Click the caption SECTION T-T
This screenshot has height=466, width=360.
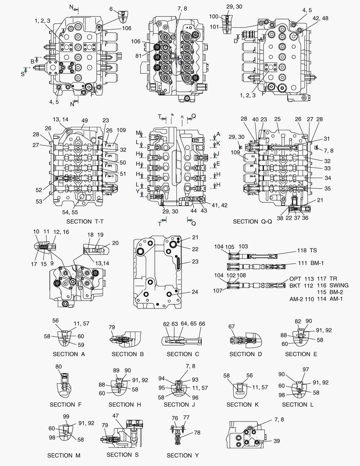tap(85, 221)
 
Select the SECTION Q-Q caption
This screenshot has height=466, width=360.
tap(251, 221)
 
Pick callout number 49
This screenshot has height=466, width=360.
tap(85, 120)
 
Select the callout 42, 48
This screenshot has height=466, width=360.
tap(320, 18)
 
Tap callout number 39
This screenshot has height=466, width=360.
tap(276, 441)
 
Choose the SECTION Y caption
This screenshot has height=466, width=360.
tap(182, 455)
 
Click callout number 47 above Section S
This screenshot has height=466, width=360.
tap(116, 415)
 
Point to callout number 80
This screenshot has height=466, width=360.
tap(59, 367)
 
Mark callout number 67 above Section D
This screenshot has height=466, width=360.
tap(232, 327)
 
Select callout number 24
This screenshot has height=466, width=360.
tap(195, 292)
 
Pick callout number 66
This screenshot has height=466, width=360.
tap(202, 324)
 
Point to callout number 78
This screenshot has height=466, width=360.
tap(197, 432)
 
